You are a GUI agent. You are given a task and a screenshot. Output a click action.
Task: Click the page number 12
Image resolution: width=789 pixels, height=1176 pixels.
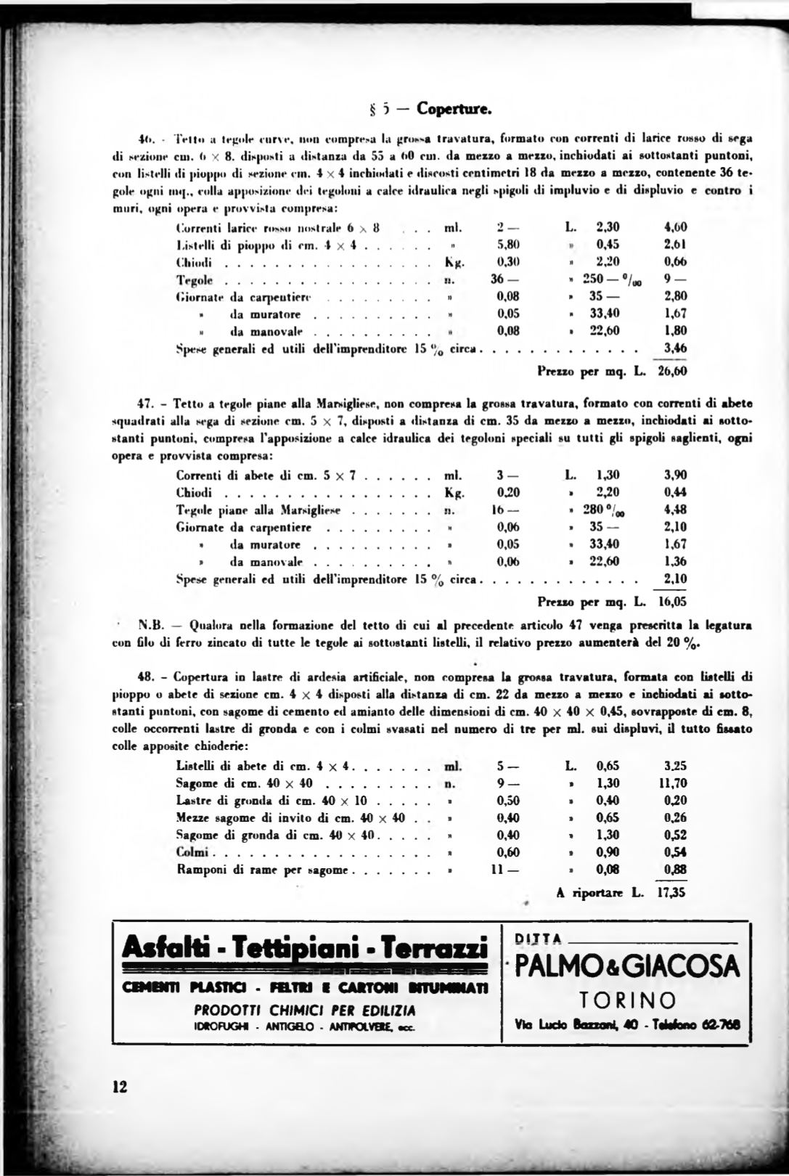coord(120,1087)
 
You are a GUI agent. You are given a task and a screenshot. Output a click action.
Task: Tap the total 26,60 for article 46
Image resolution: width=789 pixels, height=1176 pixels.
coord(672,372)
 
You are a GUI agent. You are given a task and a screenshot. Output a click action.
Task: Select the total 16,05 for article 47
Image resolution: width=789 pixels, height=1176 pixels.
coord(672,602)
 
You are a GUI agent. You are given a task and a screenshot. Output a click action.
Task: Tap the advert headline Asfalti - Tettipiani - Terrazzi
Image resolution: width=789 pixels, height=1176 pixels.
coord(304,947)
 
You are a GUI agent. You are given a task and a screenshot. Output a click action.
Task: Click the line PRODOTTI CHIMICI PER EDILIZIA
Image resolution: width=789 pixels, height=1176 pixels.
coord(304,1010)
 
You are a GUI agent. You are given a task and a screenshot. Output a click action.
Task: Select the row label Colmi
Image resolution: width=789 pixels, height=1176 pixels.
coord(192,852)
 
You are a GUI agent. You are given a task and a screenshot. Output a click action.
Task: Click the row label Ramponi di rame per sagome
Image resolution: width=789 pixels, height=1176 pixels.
coord(263,870)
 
